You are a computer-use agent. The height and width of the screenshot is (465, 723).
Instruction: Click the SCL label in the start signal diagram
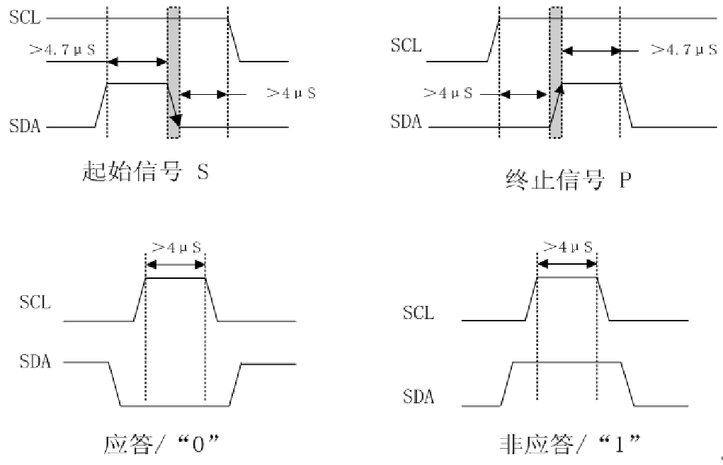[x=25, y=18]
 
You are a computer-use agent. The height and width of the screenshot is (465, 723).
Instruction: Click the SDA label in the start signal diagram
[x=25, y=127]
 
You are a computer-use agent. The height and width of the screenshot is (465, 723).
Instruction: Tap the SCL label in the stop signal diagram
[x=406, y=47]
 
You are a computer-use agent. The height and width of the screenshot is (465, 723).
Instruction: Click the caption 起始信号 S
[x=146, y=173]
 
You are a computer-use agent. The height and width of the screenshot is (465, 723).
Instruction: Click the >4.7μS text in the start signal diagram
[x=61, y=49]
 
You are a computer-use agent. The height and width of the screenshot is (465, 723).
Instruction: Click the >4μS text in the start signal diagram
[x=290, y=92]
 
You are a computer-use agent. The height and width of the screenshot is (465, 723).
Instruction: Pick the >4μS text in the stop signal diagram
[x=448, y=93]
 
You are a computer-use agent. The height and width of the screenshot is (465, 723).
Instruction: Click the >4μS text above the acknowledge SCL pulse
[x=176, y=247]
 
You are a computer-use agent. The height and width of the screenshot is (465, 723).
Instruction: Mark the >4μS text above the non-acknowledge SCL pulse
[x=567, y=247]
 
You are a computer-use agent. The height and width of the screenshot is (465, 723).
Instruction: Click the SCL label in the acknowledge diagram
[x=35, y=303]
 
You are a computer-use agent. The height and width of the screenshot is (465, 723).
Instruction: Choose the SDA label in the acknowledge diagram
[x=35, y=362]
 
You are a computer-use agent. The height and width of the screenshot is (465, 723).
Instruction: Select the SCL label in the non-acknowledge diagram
[x=419, y=313]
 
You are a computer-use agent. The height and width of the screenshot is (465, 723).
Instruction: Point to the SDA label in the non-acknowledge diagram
[x=419, y=397]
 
